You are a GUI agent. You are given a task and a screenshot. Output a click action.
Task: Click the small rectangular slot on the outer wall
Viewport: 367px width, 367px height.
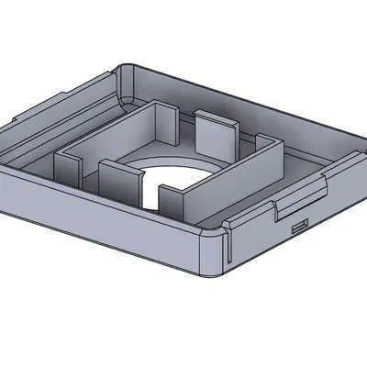(x=298, y=223)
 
